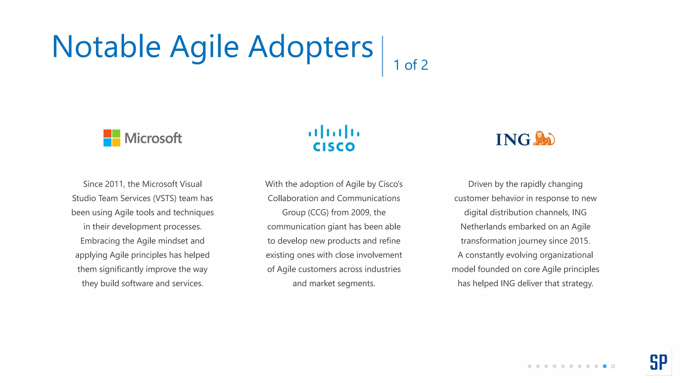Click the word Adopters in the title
(x=311, y=47)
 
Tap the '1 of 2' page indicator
(x=411, y=65)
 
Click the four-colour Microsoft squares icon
(x=112, y=138)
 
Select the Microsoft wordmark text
(x=153, y=138)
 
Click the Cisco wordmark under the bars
(x=334, y=147)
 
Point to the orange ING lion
(x=544, y=138)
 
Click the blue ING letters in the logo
(x=513, y=140)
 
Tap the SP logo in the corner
(x=658, y=362)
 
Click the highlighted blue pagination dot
(x=605, y=366)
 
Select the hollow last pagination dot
(x=613, y=366)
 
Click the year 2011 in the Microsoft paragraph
(x=114, y=184)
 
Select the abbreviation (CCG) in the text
(x=318, y=212)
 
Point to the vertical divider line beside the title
(x=382, y=56)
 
